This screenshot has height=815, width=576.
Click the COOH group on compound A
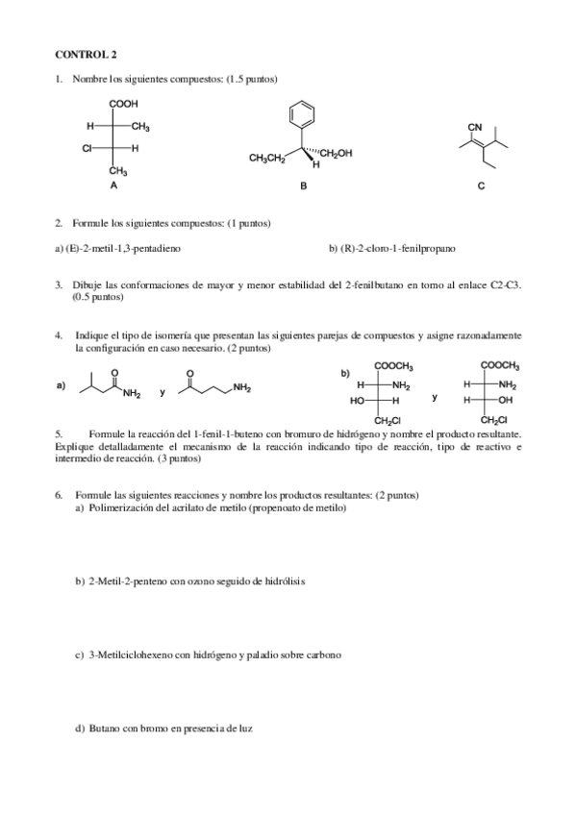[123, 105]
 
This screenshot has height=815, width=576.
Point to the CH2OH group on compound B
[336, 153]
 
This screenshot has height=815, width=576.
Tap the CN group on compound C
[474, 127]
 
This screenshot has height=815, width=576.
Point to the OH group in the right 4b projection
[503, 400]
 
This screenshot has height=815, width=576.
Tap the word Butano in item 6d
[104, 728]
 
